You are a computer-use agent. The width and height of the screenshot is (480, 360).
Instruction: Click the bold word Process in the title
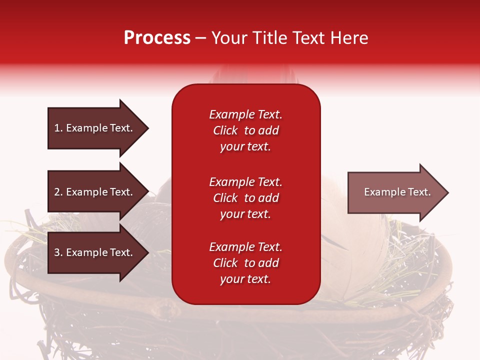point(157,38)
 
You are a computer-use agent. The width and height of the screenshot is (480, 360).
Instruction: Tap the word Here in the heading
point(349,38)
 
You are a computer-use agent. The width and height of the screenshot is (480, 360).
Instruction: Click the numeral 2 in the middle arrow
point(57,192)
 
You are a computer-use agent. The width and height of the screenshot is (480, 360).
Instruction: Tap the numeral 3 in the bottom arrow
point(57,252)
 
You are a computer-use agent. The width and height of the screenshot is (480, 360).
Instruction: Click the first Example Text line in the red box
point(245,114)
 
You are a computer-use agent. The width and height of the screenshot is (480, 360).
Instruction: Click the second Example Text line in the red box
point(245,182)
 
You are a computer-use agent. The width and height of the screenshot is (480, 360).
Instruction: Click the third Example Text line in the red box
point(245,247)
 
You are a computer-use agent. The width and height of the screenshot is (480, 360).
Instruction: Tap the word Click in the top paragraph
point(225,130)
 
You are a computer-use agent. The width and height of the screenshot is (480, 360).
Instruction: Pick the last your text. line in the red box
point(245,279)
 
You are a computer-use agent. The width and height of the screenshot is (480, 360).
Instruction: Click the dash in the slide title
point(200,38)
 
